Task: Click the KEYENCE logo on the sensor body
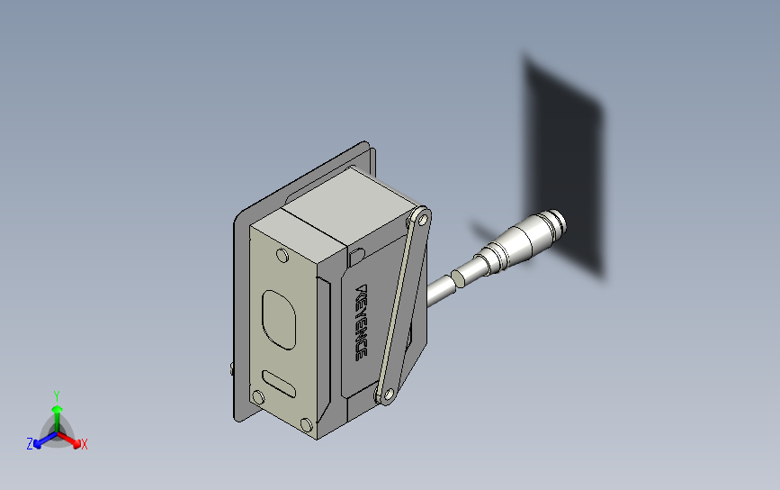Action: pyautogui.click(x=363, y=322)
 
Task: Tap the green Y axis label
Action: pyautogui.click(x=57, y=395)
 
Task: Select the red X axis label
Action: pyautogui.click(x=84, y=444)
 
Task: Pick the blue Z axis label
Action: pyautogui.click(x=30, y=444)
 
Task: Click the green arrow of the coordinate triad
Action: pyautogui.click(x=57, y=415)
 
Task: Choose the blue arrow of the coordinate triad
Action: pyautogui.click(x=40, y=440)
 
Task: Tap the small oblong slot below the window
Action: pyautogui.click(x=278, y=382)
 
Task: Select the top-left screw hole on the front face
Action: pyautogui.click(x=282, y=257)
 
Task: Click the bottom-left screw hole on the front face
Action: pyautogui.click(x=258, y=396)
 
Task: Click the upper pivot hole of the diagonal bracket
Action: pyautogui.click(x=418, y=218)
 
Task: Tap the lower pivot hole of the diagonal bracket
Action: pyautogui.click(x=388, y=393)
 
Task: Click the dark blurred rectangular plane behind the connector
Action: pyautogui.click(x=564, y=162)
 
